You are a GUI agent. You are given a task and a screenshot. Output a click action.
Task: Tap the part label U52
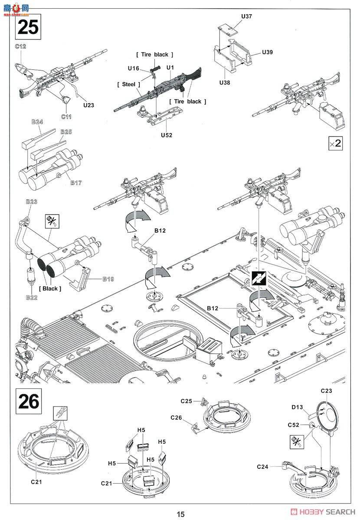coord(167,135)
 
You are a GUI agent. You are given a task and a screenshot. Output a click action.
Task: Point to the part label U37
coord(246,16)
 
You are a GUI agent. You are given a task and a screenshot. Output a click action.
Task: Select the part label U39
coord(268,52)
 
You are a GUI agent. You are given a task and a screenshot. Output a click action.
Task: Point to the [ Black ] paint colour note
coord(50,289)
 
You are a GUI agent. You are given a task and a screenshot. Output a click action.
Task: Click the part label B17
coord(76,182)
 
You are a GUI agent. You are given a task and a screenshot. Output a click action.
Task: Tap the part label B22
coord(31,297)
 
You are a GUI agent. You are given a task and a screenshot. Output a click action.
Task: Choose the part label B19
coord(108,279)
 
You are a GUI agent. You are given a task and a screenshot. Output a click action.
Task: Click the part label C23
coord(326,391)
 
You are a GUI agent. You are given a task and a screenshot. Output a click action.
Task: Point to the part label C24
coord(263,466)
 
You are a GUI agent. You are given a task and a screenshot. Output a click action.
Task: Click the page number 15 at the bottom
coord(180,514)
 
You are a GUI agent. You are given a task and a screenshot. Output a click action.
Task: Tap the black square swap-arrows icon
coord(259,279)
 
